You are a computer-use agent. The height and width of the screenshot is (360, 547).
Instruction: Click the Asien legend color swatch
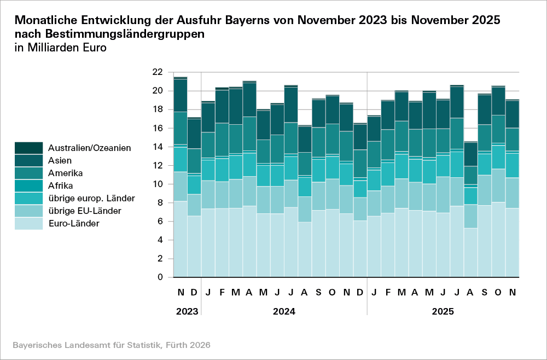click(28, 161)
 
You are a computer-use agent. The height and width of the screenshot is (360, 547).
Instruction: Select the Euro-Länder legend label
click(73, 223)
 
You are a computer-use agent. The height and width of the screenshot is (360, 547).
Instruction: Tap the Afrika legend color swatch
click(28, 185)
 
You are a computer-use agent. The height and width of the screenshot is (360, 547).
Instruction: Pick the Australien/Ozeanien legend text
click(89, 148)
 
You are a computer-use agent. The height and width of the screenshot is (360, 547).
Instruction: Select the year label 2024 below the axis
click(284, 312)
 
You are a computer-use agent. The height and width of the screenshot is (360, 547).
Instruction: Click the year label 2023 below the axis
click(187, 312)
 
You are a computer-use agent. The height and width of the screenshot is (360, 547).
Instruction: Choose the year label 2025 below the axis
click(443, 312)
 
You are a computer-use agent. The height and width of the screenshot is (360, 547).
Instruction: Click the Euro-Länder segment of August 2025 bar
click(470, 252)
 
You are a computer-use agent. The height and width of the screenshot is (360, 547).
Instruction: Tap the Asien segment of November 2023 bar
click(181, 96)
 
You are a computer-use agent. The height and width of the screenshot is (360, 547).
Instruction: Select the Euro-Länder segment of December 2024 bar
click(360, 248)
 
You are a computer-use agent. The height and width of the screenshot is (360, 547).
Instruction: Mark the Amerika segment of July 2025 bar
click(457, 133)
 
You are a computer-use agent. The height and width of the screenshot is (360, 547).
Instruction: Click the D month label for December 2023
click(194, 293)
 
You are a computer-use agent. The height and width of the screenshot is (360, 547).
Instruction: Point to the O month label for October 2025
click(498, 293)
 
